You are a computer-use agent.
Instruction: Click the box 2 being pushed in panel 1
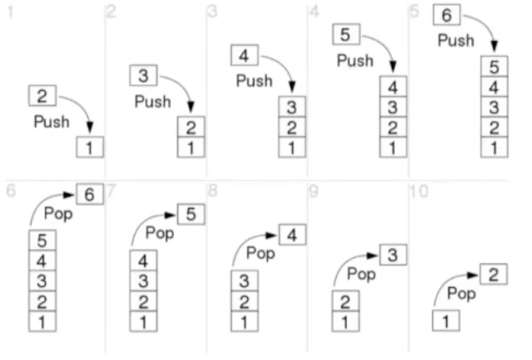coord(42,97)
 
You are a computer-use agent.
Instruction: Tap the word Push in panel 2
coord(153,101)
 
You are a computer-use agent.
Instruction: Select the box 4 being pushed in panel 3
coord(244,55)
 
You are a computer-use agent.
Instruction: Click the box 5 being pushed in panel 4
coord(346,35)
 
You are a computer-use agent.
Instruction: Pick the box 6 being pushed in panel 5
coord(447,14)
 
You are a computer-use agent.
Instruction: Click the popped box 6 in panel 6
coord(89,194)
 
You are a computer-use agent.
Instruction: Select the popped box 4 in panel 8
coord(292,235)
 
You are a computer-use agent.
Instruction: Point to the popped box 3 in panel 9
coord(393,255)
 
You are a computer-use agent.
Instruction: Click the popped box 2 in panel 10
coord(493,275)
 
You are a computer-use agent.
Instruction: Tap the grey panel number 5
coord(415,12)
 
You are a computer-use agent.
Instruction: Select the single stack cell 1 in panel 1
coord(89,147)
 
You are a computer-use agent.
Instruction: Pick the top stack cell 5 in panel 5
coord(494,66)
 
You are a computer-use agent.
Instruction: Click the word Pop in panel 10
coord(461,294)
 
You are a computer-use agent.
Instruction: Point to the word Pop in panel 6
coord(58,213)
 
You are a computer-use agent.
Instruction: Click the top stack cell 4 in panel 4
coord(393,86)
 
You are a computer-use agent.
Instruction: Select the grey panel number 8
coord(213,192)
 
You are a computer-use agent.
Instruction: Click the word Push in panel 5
coord(456,40)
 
